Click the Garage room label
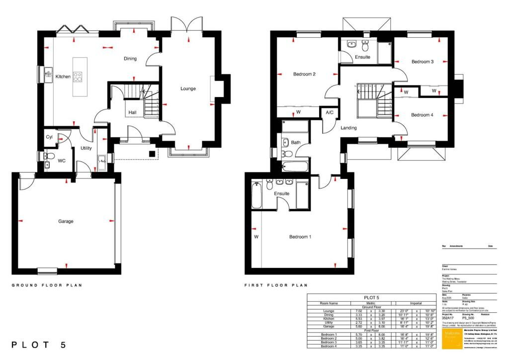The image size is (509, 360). click(x=66, y=221)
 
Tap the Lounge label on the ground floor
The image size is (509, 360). click(x=188, y=89)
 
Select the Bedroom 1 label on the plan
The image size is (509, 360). click(x=300, y=237)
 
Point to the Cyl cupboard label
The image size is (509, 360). click(x=49, y=137)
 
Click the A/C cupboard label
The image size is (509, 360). click(x=329, y=113)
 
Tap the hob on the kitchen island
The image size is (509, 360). click(x=78, y=77)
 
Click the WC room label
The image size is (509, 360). click(x=62, y=161)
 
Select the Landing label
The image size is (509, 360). click(x=348, y=128)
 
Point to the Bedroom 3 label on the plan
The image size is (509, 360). click(x=423, y=62)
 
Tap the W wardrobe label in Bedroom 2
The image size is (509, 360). click(x=298, y=112)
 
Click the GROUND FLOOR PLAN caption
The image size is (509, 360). click(x=47, y=285)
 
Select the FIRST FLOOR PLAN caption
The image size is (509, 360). click(x=276, y=285)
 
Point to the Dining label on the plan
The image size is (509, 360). click(x=130, y=59)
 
